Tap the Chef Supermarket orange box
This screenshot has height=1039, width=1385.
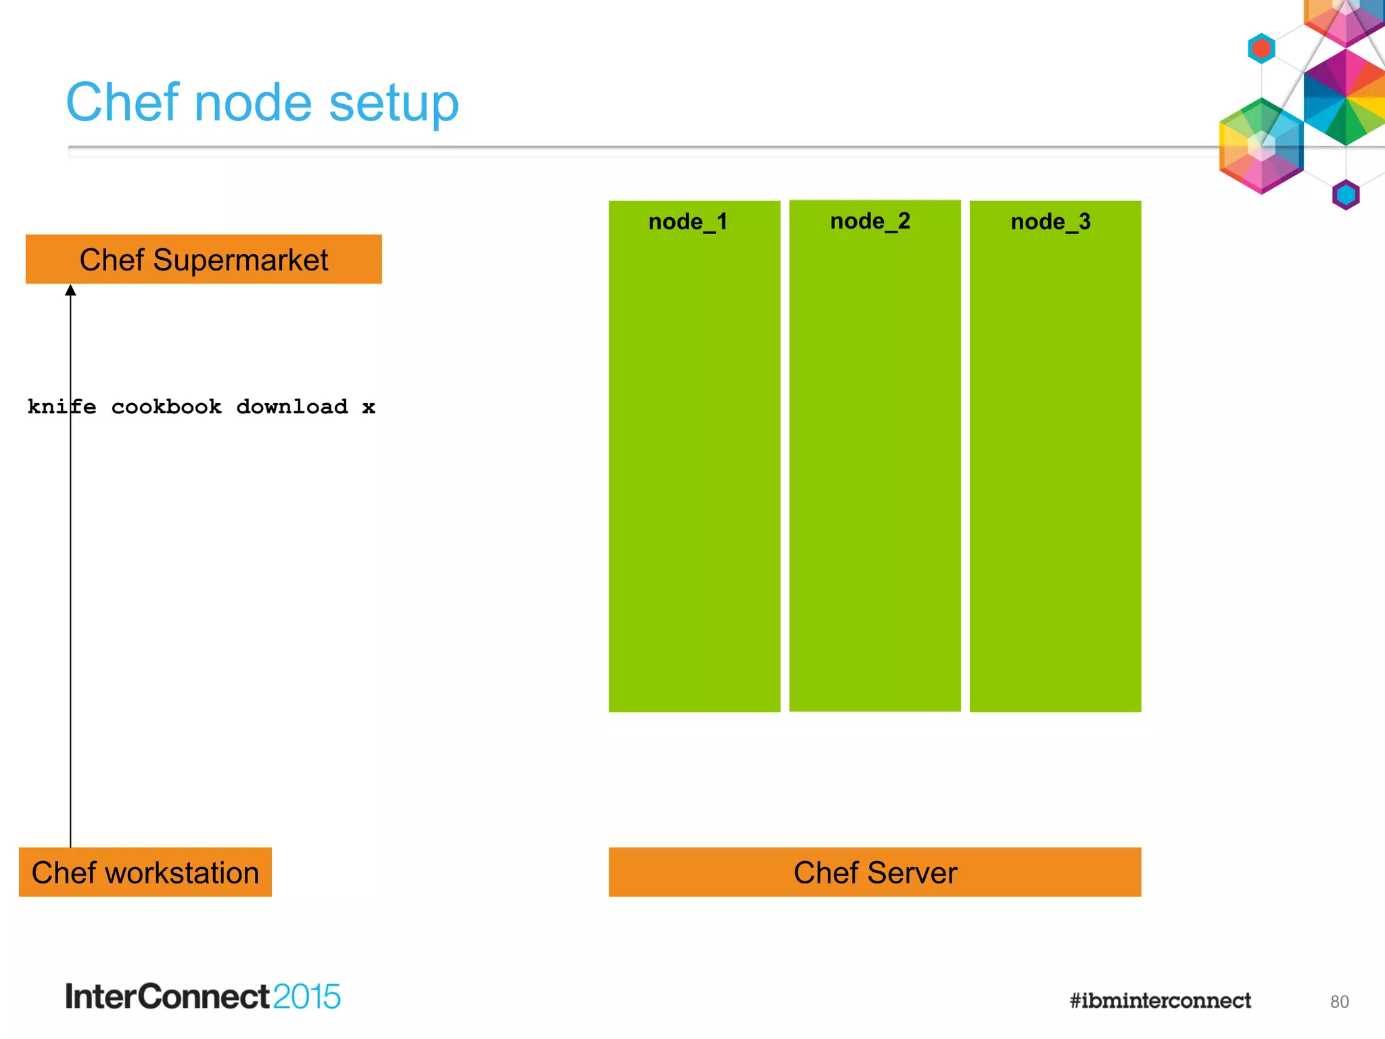pos(203,259)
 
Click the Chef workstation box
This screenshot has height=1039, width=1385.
pos(145,872)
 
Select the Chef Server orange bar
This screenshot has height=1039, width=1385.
pos(874,872)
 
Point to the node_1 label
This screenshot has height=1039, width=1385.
pos(687,222)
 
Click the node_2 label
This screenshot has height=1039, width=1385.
pos(870,221)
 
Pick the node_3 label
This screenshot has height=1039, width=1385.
pos(1050,222)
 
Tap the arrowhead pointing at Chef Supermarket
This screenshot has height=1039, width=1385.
pos(70,291)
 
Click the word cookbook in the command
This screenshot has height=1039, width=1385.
pos(166,407)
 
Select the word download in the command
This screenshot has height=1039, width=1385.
pos(291,407)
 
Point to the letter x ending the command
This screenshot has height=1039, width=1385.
pos(369,407)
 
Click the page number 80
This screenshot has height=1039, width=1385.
pos(1338,1002)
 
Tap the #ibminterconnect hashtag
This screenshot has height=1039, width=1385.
pos(1160,1000)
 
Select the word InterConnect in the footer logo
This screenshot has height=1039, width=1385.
pos(168,996)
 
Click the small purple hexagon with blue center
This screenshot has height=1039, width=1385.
pos(1345,195)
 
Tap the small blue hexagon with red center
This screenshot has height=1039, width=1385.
pos(1261,49)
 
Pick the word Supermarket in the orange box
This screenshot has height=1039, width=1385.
pos(240,260)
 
